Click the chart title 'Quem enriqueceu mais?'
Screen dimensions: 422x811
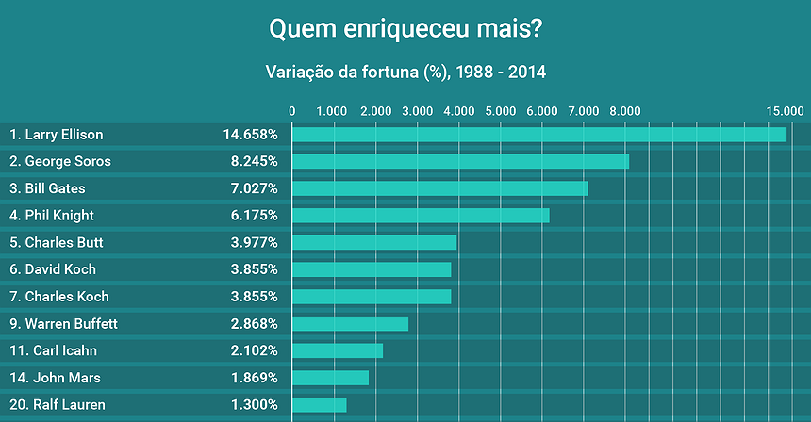[x=405, y=29]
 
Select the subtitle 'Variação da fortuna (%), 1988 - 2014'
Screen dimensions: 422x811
[x=405, y=71]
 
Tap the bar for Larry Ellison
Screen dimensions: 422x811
[x=538, y=135]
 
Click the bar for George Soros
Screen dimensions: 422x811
[x=460, y=161]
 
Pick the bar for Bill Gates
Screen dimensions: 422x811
[x=439, y=188]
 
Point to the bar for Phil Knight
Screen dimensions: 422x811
[x=421, y=216]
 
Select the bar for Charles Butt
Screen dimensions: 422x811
[x=374, y=243]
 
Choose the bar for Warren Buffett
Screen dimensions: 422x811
[x=350, y=324]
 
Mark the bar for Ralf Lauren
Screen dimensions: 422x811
[x=319, y=405]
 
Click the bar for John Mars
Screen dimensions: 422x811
[x=330, y=378]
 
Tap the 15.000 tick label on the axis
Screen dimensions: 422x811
[x=786, y=111]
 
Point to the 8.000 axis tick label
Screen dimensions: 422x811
[x=625, y=111]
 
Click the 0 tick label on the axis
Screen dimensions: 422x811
[x=292, y=111]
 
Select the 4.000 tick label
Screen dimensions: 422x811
[x=458, y=111]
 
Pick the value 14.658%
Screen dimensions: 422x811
[x=250, y=135]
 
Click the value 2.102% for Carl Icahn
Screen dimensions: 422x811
[x=254, y=350]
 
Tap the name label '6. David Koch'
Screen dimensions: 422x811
[x=53, y=269]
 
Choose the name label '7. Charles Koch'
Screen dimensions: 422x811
[x=59, y=297]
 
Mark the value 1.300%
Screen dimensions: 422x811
[x=254, y=405]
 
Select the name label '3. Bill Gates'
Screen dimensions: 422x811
[x=47, y=188]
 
